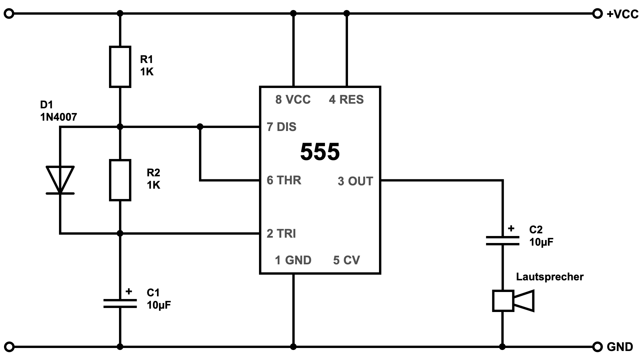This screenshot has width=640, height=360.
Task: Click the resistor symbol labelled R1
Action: (120, 67)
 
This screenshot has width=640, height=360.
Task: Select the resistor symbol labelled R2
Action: (120, 180)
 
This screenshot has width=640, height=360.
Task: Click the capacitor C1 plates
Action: (120, 303)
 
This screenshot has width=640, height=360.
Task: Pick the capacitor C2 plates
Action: (502, 241)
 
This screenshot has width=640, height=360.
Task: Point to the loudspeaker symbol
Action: (513, 301)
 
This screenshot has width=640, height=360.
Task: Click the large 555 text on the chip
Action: (320, 152)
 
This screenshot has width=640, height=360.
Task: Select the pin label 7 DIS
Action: (282, 127)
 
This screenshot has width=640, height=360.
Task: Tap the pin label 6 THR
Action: (284, 180)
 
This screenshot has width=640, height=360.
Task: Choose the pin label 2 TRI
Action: (281, 234)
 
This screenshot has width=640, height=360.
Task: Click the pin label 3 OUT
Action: (355, 181)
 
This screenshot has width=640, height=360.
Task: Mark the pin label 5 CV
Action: (346, 260)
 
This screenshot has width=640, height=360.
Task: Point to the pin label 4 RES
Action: (346, 100)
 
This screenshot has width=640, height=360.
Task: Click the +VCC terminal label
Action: (622, 14)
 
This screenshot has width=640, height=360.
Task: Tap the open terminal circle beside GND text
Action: (598, 347)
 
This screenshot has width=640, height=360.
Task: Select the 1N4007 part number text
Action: (59, 117)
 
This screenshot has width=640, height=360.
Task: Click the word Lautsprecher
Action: (550, 277)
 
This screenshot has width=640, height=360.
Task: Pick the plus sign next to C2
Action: (511, 229)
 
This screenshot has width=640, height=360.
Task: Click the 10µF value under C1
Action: (159, 305)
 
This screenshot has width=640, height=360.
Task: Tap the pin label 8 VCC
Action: (293, 100)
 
